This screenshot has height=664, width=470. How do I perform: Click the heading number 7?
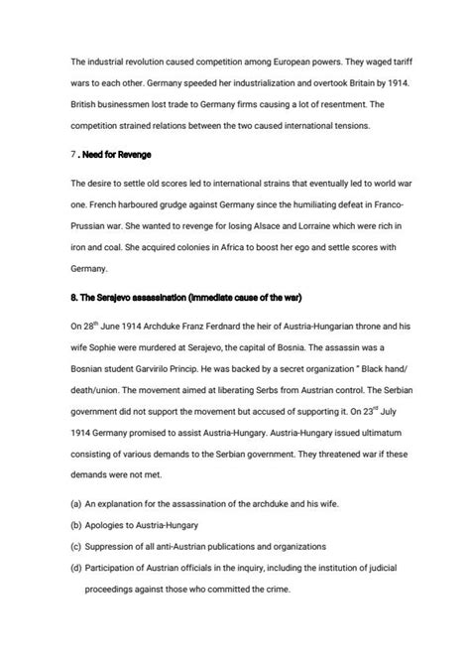[x=73, y=155]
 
